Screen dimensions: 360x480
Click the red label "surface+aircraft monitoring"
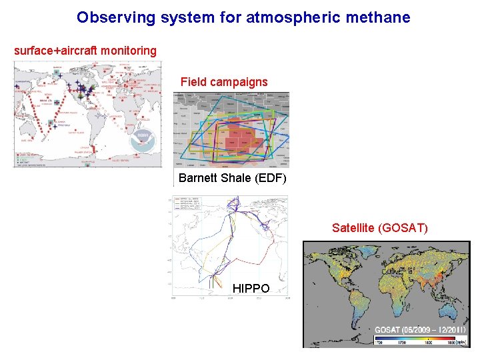tap(85, 51)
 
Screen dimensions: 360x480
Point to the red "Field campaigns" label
tap(224, 82)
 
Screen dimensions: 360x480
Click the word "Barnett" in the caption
tap(198, 178)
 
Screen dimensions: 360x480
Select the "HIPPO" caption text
tap(251, 289)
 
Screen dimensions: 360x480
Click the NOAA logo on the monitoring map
tap(142, 137)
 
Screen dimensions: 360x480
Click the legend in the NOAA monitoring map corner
tap(26, 158)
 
